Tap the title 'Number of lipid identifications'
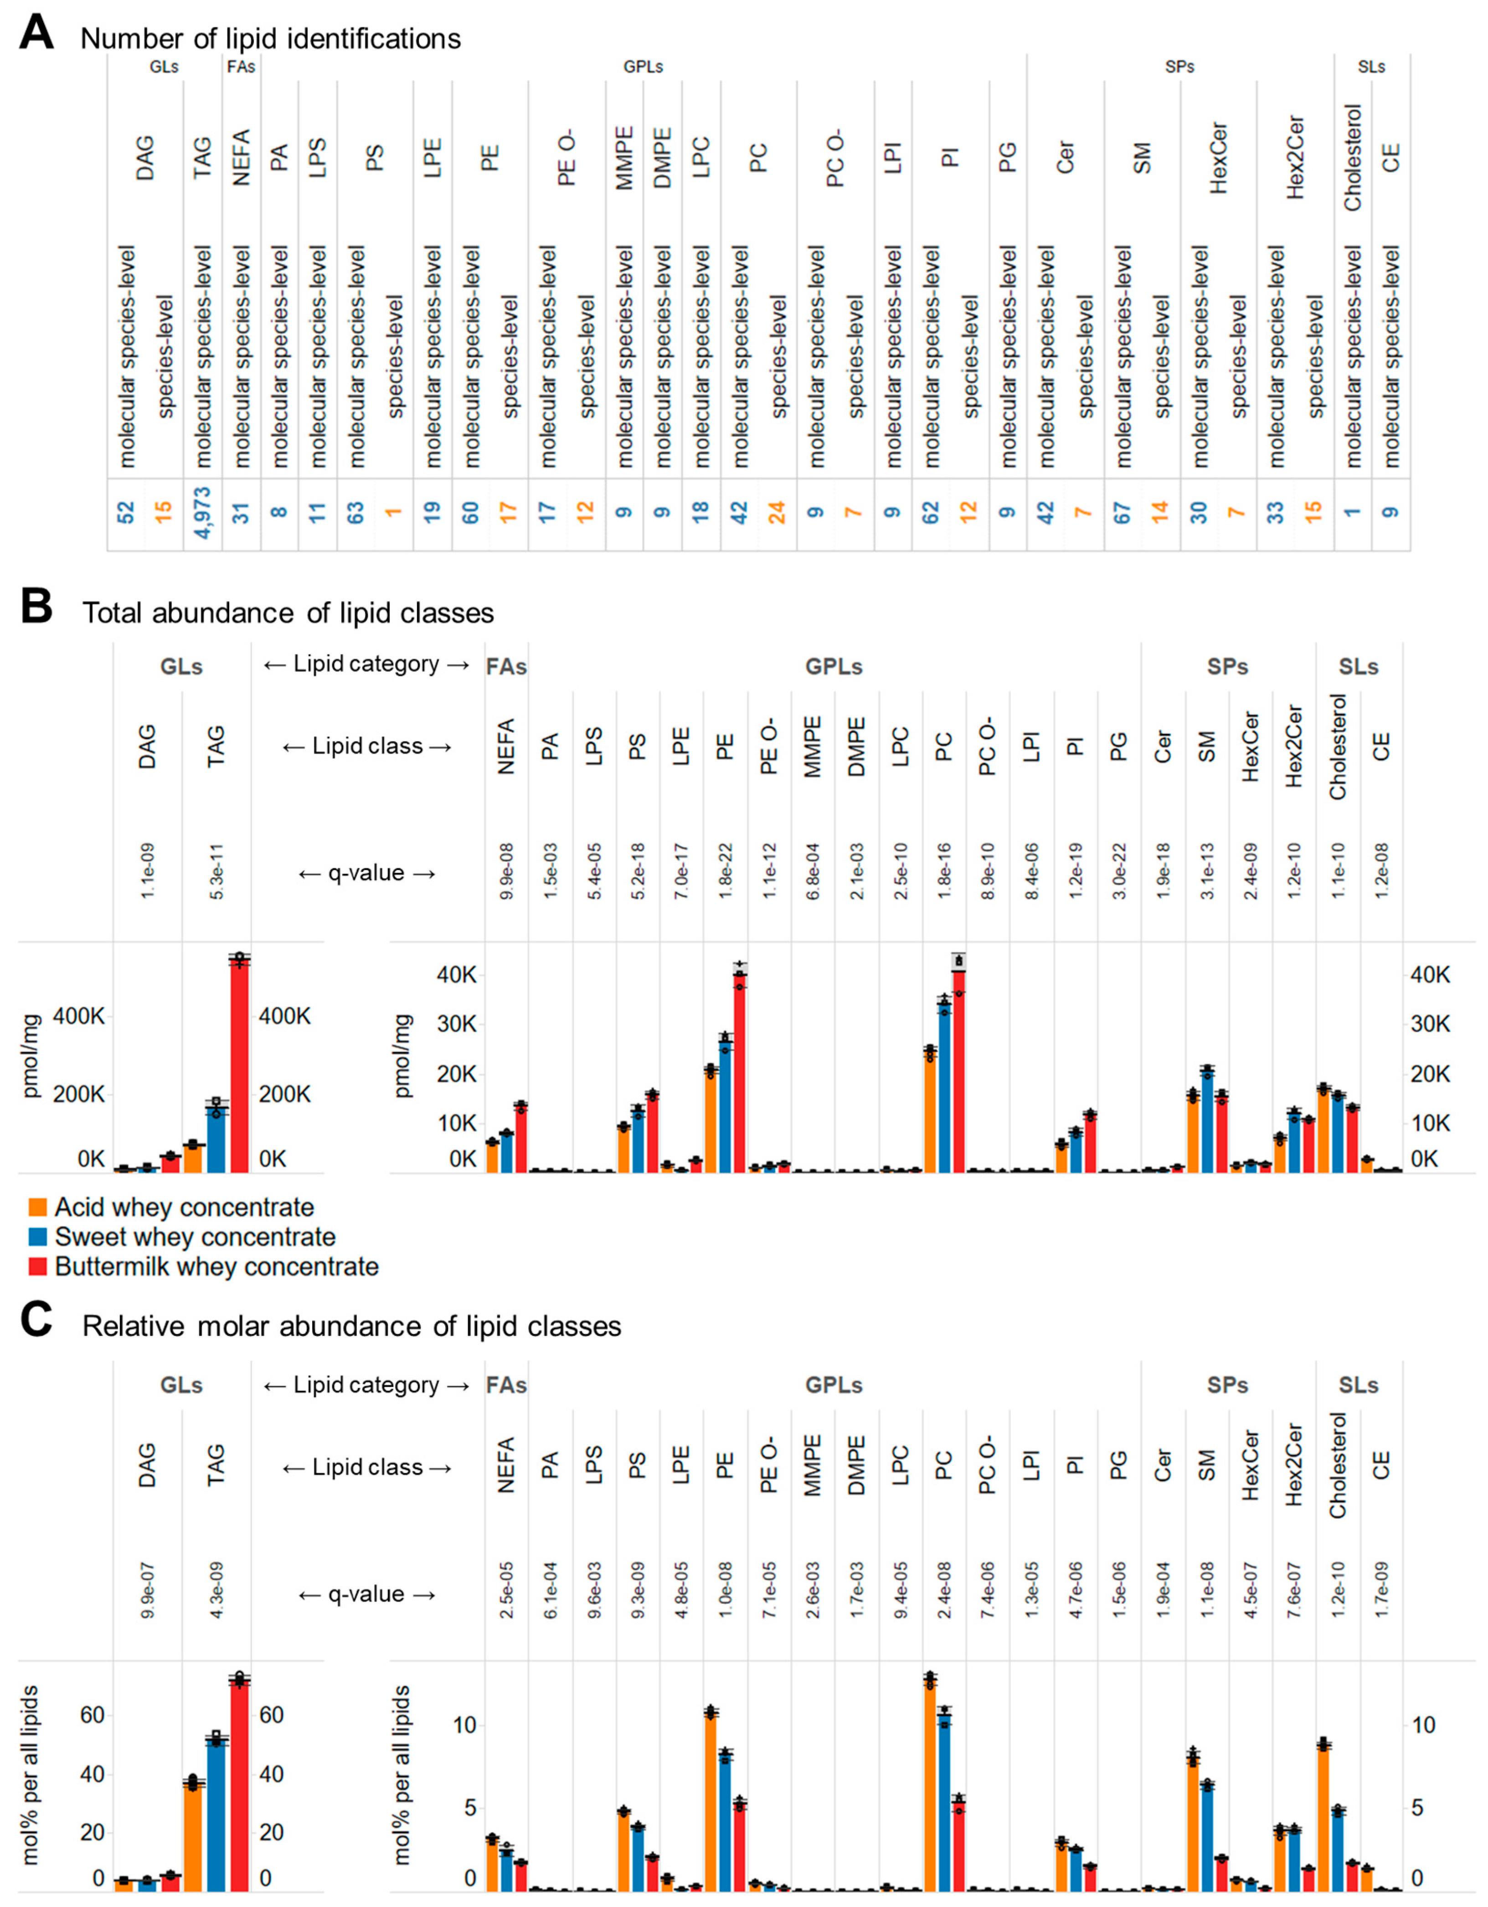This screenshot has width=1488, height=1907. click(x=271, y=39)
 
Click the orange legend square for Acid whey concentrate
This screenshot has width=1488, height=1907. click(x=37, y=1207)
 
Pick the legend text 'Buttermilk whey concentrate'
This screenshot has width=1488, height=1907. click(x=216, y=1267)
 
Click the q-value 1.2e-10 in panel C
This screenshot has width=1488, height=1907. click(x=1338, y=1590)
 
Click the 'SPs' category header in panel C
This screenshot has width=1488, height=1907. click(x=1227, y=1386)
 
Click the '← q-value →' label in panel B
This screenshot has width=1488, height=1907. click(x=367, y=873)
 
